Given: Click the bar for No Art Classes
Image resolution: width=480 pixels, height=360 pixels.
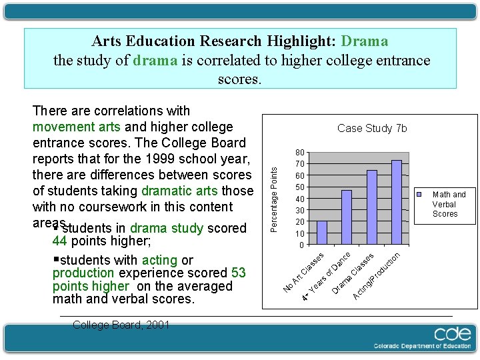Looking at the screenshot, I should click(322, 233).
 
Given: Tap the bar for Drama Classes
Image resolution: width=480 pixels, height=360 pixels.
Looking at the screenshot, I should click(372, 207).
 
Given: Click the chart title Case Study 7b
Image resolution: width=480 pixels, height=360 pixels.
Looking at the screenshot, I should click(372, 128).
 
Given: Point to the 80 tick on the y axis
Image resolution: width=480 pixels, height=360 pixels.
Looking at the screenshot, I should click(301, 153).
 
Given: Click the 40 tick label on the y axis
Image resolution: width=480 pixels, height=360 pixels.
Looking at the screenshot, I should click(301, 199).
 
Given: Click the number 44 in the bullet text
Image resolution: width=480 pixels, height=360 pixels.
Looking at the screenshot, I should click(59, 241).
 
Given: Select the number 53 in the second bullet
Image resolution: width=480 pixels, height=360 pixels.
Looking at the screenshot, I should click(239, 273).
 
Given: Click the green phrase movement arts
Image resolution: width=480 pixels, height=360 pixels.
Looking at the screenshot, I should click(77, 127).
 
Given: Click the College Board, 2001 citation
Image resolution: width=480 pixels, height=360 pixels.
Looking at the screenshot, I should click(121, 325).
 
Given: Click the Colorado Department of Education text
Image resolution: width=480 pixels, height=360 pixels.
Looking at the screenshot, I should click(422, 346).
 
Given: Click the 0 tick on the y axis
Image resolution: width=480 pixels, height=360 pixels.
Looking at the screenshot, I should click(302, 245).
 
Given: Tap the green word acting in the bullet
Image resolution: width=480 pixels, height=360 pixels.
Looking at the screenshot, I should click(159, 260).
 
